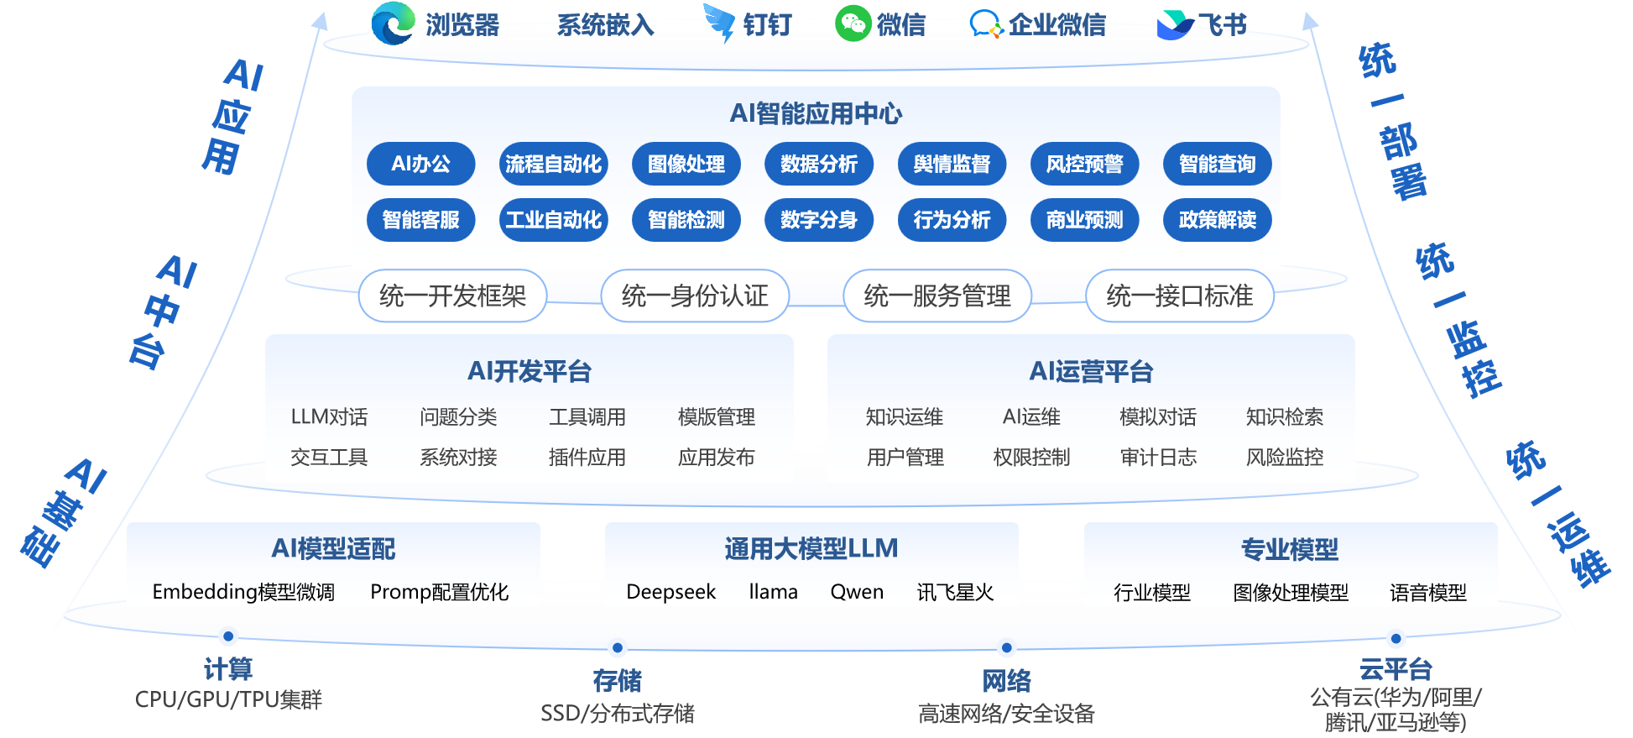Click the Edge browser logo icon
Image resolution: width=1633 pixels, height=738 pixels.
click(393, 23)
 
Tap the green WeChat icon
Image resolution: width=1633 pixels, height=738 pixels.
click(853, 24)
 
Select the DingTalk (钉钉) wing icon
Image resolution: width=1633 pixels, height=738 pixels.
click(719, 24)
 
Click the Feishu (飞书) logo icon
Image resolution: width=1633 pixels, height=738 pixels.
click(1174, 25)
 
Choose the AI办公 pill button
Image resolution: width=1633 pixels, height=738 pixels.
click(420, 164)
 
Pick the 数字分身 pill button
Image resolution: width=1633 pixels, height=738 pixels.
click(818, 220)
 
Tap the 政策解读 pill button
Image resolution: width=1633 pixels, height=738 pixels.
click(1217, 220)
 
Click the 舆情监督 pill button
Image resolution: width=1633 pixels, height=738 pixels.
click(952, 164)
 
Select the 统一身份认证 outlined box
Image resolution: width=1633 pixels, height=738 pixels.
click(695, 296)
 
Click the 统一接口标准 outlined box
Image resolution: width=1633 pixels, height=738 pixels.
click(1180, 296)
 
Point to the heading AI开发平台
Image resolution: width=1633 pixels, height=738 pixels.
click(530, 371)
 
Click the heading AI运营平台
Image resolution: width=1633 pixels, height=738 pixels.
click(1091, 371)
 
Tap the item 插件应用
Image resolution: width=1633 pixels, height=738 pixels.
click(587, 458)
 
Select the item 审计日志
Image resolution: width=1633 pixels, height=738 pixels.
click(1158, 458)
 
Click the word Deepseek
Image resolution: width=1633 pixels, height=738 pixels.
click(671, 592)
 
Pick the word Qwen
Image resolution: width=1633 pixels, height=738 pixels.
click(857, 592)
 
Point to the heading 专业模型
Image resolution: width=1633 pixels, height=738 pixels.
click(1290, 549)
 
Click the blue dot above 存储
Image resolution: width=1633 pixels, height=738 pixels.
click(618, 647)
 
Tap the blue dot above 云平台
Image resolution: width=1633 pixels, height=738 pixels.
click(1396, 638)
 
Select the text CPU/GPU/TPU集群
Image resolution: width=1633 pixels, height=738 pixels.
click(228, 699)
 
